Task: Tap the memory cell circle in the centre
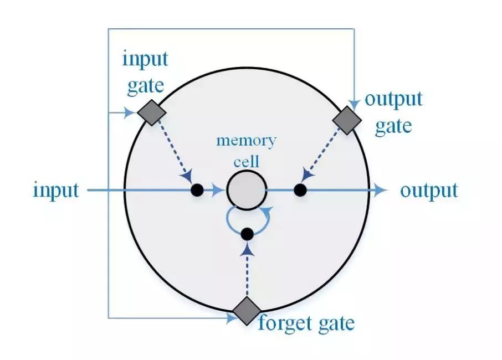(x=247, y=190)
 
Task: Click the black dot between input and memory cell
(x=197, y=190)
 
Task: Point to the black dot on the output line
(x=300, y=190)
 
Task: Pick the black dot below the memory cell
(x=247, y=234)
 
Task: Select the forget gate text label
(x=306, y=322)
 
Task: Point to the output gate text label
(x=393, y=112)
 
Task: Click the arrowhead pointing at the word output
(x=379, y=190)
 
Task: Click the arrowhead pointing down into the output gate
(x=354, y=103)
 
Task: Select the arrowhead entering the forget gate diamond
(x=230, y=317)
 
